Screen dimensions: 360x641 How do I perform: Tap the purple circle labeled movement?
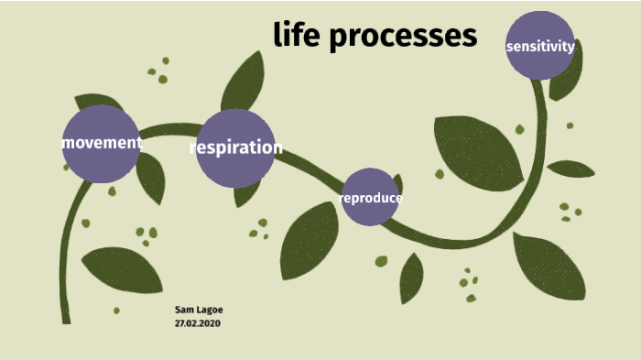tap(101, 144)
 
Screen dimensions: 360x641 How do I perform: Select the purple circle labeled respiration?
tap(235, 147)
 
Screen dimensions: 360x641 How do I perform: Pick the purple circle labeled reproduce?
tap(370, 197)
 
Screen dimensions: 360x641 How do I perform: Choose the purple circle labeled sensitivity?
tap(540, 46)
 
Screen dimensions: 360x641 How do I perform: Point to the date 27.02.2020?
tap(198, 323)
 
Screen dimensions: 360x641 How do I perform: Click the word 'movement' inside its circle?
tap(102, 143)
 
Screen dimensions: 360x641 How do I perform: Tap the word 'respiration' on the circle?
tap(236, 147)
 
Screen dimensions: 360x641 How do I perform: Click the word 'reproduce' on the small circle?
tap(371, 198)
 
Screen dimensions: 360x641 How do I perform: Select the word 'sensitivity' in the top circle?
tap(540, 46)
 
